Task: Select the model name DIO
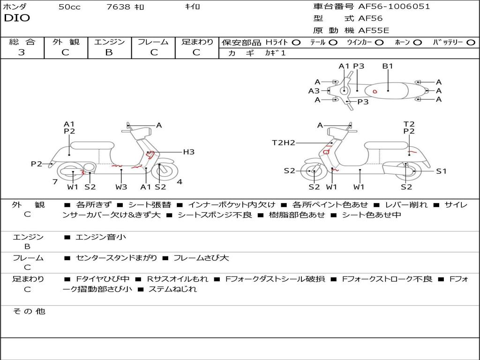[x=17, y=18]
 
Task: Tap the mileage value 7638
[x=118, y=7]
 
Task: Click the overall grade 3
[x=22, y=52]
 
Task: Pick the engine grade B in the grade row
[x=109, y=52]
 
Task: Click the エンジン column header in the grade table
[x=109, y=42]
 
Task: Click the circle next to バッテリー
[x=471, y=42]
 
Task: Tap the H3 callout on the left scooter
[x=188, y=152]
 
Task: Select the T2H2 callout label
[x=284, y=142]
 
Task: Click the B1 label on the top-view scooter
[x=388, y=66]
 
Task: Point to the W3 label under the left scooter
[x=121, y=187]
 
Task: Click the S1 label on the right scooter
[x=441, y=171]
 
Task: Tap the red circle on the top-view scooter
[x=375, y=91]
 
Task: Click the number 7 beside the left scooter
[x=55, y=181]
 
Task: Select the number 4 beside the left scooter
[x=180, y=181]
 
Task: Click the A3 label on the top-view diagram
[x=314, y=91]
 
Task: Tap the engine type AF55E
[x=373, y=30]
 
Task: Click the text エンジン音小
[x=101, y=237]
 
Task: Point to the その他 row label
[x=29, y=311]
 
